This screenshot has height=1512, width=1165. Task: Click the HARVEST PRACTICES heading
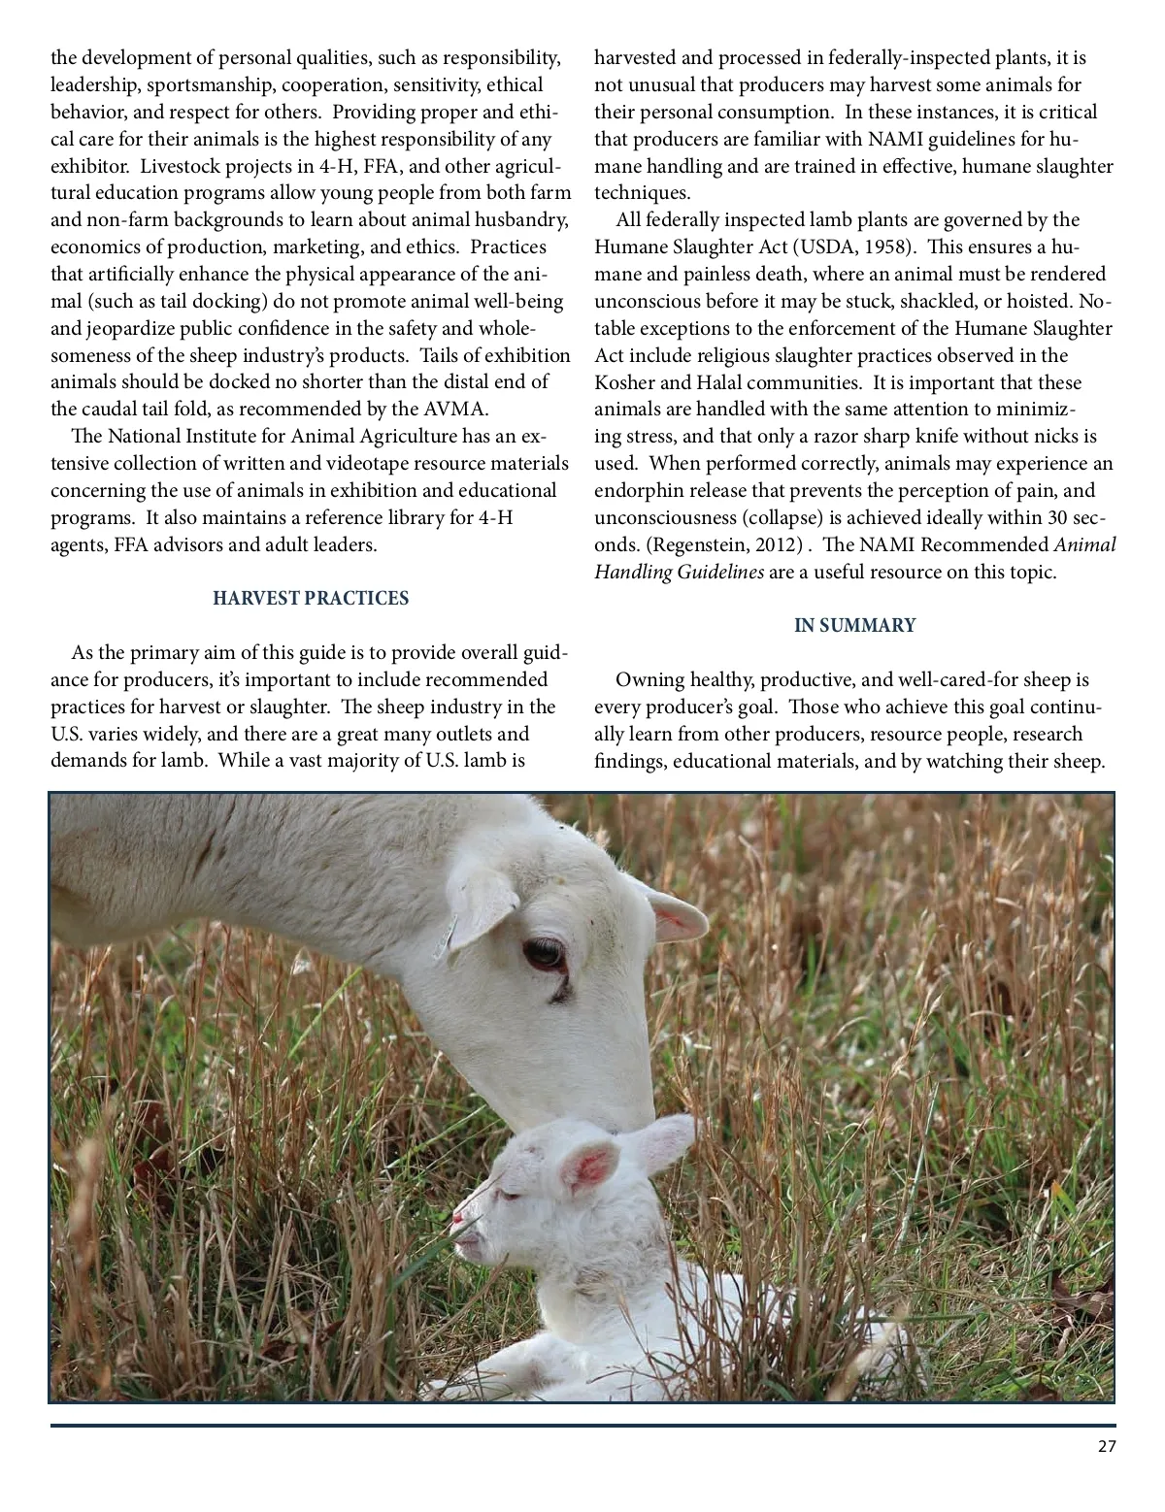pyautogui.click(x=311, y=598)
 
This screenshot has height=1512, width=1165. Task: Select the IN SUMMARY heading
pyautogui.click(x=854, y=625)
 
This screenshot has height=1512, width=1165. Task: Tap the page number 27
pyautogui.click(x=1107, y=1447)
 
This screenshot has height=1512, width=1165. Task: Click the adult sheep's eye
pyautogui.click(x=543, y=953)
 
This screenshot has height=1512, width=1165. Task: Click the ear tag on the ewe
pyautogui.click(x=448, y=936)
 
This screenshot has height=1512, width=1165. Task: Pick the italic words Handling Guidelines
pyautogui.click(x=680, y=572)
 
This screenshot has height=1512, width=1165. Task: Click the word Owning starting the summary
pyautogui.click(x=649, y=679)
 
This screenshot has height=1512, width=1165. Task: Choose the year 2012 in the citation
pyautogui.click(x=777, y=544)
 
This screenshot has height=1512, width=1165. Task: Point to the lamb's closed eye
pyautogui.click(x=513, y=1189)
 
